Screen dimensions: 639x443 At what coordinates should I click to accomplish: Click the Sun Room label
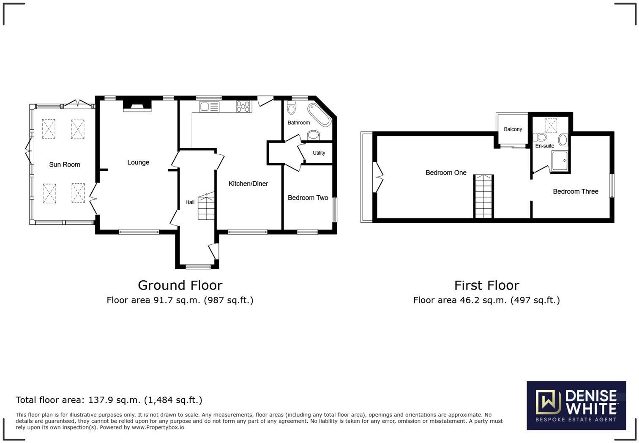[x=65, y=164]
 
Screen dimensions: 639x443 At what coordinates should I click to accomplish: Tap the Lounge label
[x=138, y=162]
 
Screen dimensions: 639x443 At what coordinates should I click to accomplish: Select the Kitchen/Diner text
[x=248, y=184]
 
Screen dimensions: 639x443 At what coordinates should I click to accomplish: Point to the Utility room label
[x=319, y=153]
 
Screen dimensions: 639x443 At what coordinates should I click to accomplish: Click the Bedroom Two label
[x=308, y=198]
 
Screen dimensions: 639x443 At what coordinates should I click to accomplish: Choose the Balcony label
[x=513, y=129]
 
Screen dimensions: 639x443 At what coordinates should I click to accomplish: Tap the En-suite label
[x=545, y=146]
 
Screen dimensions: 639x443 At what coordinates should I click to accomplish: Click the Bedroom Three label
[x=575, y=191]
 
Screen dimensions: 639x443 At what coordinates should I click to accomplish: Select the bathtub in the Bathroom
[x=319, y=115]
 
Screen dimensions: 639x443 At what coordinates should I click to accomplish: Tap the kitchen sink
[x=209, y=107]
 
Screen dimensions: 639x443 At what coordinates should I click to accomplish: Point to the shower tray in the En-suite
[x=560, y=161]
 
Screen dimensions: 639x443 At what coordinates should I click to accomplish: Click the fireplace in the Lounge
[x=137, y=106]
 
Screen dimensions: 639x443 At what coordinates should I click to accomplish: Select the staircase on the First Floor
[x=483, y=196]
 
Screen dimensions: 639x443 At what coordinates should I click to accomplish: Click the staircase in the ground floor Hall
[x=206, y=206]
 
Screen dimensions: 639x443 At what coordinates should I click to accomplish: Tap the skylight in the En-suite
[x=551, y=125]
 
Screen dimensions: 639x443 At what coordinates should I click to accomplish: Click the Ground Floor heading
[x=180, y=285]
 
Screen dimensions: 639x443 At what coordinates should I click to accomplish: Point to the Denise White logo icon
[x=548, y=402]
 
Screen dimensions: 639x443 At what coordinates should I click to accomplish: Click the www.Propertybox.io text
[x=158, y=427]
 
